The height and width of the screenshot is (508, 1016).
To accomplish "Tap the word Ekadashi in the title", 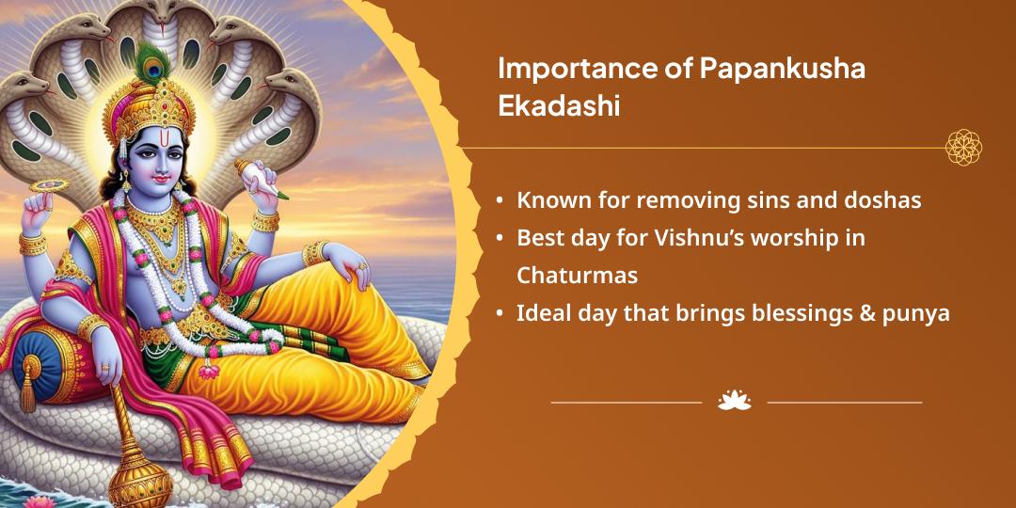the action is (559, 106).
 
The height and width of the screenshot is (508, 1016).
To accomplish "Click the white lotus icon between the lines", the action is (735, 401).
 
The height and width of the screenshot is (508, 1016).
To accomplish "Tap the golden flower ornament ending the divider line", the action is (963, 147).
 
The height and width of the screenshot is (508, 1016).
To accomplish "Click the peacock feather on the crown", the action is (153, 60).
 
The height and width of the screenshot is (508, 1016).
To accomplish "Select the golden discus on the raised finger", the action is (49, 186).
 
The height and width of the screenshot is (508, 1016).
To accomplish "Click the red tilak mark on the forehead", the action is (150, 140).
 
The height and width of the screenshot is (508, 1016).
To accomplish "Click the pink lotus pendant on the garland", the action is (208, 371).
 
